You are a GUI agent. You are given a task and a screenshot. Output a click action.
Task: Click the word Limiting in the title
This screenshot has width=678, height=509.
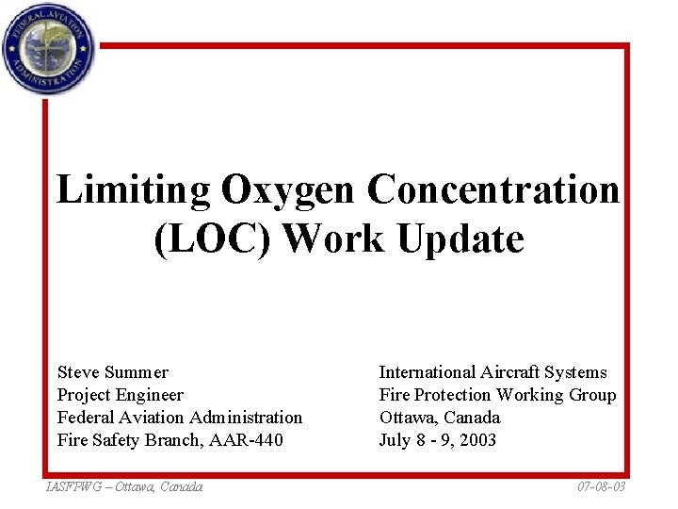134,190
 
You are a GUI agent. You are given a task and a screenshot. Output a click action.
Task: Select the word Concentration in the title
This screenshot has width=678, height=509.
493,190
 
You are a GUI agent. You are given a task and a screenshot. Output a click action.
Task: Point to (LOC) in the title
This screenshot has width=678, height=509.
211,239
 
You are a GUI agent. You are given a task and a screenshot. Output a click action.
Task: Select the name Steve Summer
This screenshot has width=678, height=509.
113,372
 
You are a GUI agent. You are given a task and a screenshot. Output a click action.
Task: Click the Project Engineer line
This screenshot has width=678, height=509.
121,395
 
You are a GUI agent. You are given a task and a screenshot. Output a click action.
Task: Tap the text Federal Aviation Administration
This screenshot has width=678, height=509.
180,418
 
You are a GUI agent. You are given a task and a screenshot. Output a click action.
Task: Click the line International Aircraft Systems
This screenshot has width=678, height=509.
492,372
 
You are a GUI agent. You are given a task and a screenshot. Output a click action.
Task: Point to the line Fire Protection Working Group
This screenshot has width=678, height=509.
497,395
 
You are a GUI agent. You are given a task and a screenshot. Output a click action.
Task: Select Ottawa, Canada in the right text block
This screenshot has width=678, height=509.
440,418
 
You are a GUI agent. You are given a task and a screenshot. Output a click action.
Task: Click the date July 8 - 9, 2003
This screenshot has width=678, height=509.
438,440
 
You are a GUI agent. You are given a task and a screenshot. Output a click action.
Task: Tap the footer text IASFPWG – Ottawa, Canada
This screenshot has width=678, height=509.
123,486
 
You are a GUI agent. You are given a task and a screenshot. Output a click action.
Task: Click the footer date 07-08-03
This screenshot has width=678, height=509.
601,486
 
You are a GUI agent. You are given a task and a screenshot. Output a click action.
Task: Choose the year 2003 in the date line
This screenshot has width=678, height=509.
477,440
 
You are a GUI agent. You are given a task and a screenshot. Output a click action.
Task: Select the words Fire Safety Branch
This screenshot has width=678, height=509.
122,440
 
